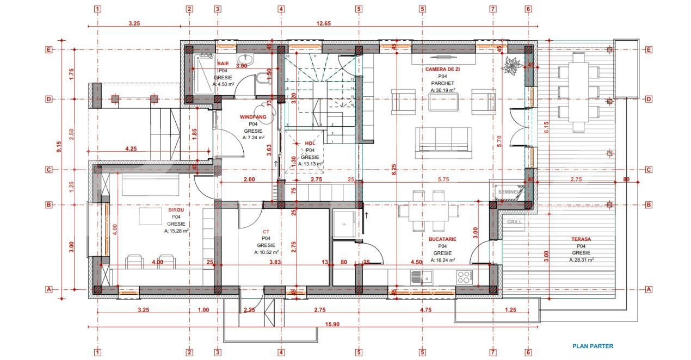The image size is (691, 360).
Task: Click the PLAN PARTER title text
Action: point(593,346)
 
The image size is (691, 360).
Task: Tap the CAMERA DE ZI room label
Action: point(442,70)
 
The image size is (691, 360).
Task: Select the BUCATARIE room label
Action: point(442,239)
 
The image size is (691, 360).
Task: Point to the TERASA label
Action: point(581,239)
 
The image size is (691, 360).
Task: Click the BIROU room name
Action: point(176,209)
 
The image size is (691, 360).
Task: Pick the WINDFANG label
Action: point(253,117)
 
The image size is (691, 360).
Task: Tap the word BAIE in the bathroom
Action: point(223,64)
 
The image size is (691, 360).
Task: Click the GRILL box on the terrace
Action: point(514,222)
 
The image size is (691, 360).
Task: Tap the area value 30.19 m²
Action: point(442,90)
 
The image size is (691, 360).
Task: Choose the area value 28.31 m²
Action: point(581,260)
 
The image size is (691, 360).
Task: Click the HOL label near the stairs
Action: point(310,143)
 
